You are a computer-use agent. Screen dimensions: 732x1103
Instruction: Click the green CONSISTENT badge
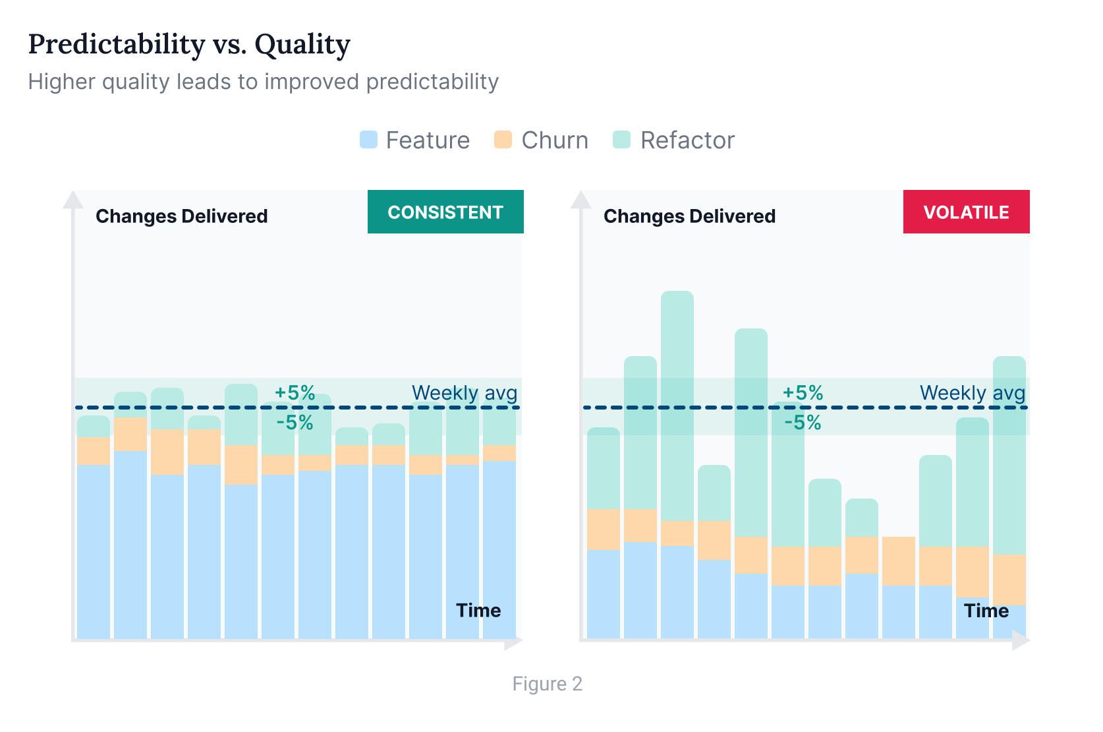[445, 212]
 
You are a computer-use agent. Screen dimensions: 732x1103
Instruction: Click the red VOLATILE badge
[966, 212]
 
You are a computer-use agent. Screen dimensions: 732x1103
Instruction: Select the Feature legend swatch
[368, 140]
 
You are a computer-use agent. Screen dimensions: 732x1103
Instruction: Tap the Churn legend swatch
[503, 140]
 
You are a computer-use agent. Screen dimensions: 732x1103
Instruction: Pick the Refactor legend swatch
[621, 140]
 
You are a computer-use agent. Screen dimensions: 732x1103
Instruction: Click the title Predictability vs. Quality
[189, 45]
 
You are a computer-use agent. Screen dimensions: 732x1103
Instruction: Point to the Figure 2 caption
[547, 684]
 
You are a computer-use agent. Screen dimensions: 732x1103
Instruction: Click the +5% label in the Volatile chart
[803, 393]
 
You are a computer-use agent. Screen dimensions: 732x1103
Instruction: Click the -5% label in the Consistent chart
[295, 423]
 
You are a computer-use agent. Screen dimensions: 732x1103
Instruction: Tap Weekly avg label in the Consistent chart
[464, 393]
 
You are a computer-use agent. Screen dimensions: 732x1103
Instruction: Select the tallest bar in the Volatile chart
[677, 462]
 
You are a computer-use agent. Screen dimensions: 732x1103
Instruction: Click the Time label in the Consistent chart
[478, 611]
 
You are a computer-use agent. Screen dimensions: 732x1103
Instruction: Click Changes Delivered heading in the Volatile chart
[689, 216]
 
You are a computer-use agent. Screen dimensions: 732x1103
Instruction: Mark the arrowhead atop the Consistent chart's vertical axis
[73, 200]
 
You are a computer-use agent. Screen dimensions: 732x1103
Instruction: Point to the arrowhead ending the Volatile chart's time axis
[1021, 640]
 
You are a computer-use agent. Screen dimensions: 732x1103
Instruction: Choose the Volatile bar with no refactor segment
[899, 587]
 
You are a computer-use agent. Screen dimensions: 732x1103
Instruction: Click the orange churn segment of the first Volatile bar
[604, 529]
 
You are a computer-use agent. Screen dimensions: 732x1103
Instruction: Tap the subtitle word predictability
[432, 82]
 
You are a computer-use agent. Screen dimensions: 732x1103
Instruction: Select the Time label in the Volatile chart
[986, 611]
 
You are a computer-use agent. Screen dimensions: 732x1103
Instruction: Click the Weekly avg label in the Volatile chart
[972, 393]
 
